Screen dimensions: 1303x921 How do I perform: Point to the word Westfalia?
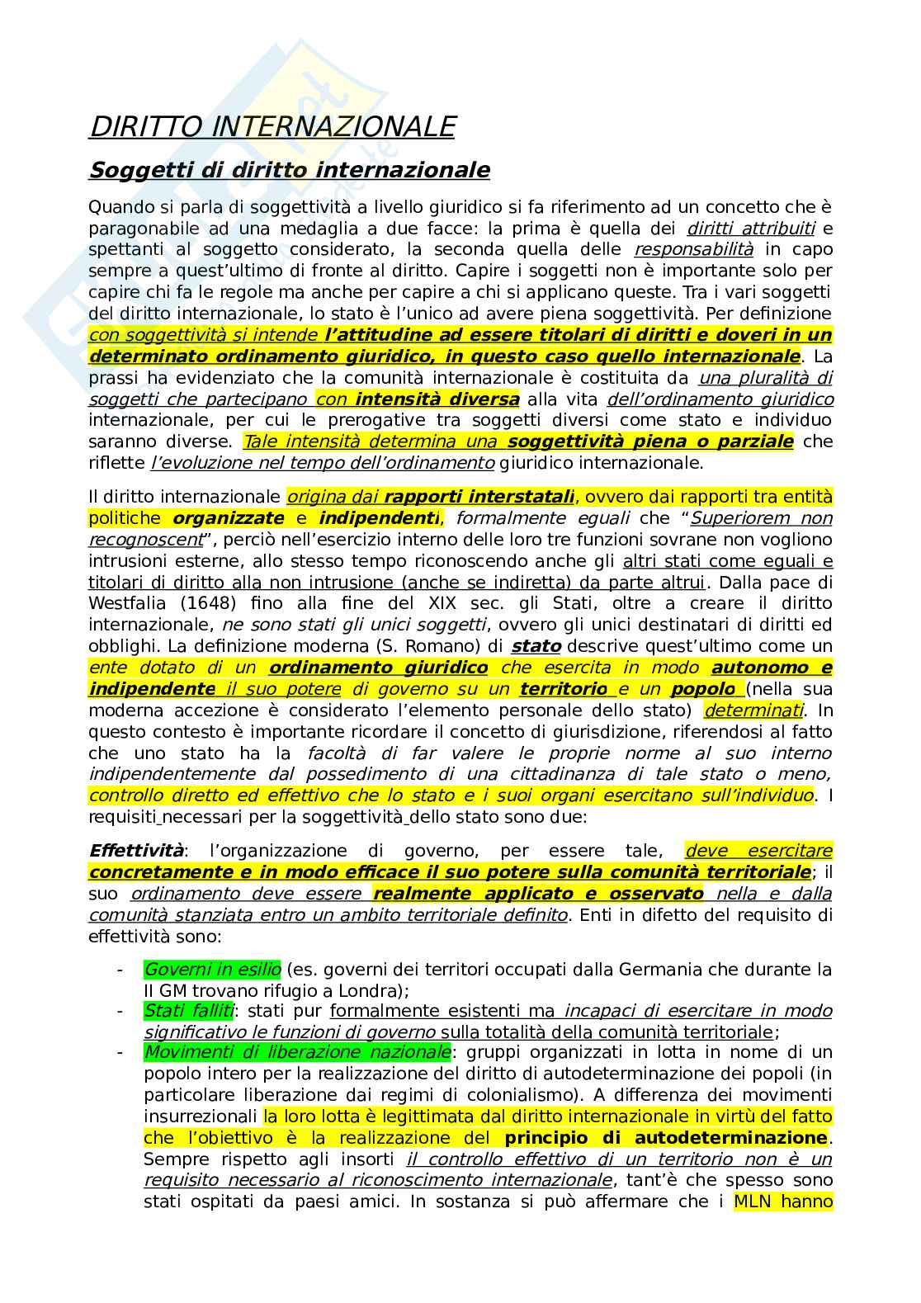124,603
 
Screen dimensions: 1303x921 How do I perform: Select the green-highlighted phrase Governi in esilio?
212,969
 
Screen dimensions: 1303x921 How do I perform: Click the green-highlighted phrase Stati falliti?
188,1010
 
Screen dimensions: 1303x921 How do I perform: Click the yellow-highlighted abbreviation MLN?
752,1201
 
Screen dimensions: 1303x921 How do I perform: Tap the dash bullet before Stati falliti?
120,1010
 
